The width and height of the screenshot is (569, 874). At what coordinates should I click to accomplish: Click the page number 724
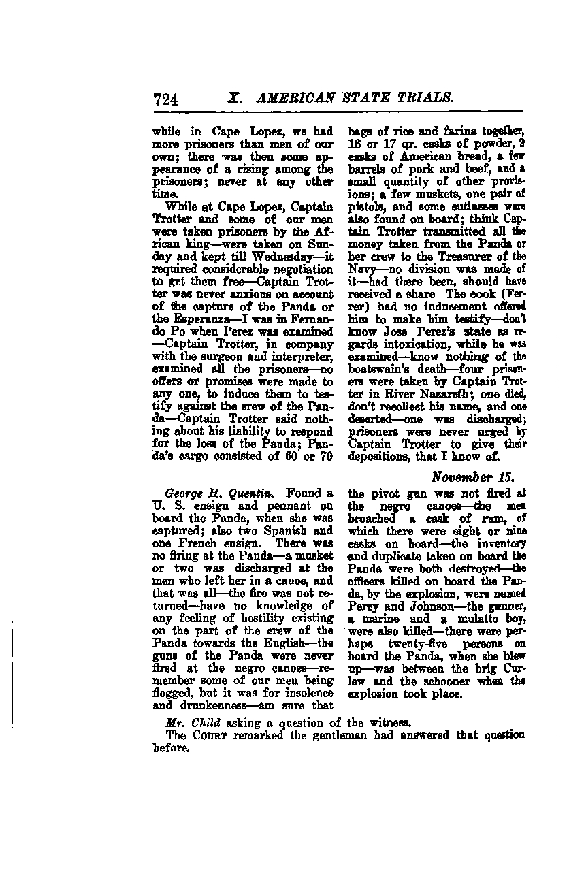167,99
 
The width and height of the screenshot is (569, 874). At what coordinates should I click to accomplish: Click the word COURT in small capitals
209,735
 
